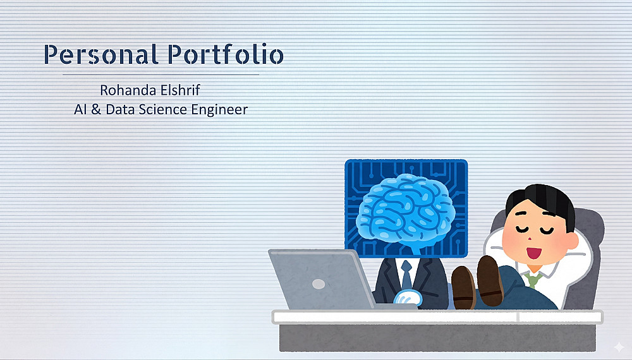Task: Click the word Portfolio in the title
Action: (226, 54)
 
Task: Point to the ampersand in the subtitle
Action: (96, 109)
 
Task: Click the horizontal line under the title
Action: (161, 75)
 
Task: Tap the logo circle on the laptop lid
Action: (319, 284)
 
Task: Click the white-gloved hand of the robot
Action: (408, 298)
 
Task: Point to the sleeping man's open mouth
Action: (534, 253)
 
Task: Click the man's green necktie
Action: (533, 279)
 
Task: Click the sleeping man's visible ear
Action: (571, 240)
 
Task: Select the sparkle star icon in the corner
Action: (619, 347)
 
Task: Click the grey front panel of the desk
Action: (437, 337)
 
